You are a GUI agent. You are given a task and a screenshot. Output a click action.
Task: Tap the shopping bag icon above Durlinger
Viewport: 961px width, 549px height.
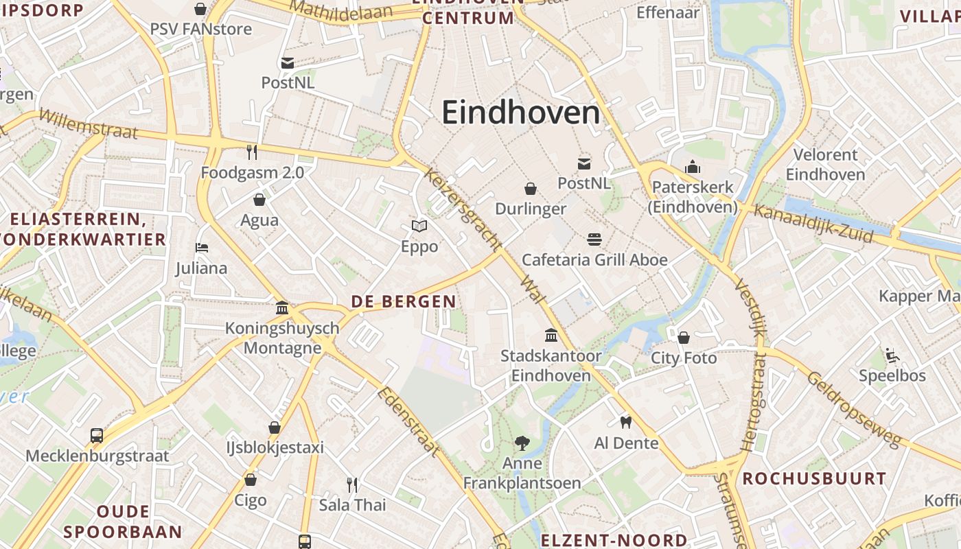coord(531,189)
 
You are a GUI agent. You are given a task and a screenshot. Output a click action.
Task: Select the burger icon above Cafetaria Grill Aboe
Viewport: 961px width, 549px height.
coord(594,240)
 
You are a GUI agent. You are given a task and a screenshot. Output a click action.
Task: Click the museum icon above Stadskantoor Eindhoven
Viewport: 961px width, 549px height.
coord(551,336)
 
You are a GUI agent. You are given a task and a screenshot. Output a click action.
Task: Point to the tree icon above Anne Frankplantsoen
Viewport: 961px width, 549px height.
coord(522,443)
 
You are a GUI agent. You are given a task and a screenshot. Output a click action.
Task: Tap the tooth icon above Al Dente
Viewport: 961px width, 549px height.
coord(625,422)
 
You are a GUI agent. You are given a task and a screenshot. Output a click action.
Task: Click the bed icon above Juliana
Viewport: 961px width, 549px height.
coord(201,248)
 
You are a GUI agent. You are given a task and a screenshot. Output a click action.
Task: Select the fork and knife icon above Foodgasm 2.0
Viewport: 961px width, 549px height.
coord(252,152)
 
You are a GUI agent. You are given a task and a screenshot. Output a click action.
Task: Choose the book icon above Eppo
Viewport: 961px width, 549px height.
coord(419,226)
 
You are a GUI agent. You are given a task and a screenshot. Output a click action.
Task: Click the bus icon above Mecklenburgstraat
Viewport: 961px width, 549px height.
coord(97,435)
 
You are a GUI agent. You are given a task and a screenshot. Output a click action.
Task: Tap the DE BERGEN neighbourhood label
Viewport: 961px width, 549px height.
coord(404,301)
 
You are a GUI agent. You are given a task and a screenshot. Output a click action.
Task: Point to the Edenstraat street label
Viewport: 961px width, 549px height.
coord(407,421)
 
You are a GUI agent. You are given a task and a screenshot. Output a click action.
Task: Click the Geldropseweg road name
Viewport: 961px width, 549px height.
coord(853,409)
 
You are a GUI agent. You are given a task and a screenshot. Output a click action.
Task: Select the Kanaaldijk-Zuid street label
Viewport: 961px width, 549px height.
coord(813,224)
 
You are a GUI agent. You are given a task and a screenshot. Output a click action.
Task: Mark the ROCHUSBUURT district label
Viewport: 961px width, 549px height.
coord(814,478)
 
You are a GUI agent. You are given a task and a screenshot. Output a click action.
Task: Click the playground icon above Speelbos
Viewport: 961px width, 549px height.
coord(892,355)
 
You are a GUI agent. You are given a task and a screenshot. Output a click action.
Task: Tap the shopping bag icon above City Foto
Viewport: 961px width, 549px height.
coord(684,338)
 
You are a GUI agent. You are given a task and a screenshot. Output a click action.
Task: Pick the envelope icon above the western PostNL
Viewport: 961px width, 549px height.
coord(288,63)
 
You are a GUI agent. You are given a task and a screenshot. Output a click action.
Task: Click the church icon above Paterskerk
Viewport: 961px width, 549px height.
coord(692,167)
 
